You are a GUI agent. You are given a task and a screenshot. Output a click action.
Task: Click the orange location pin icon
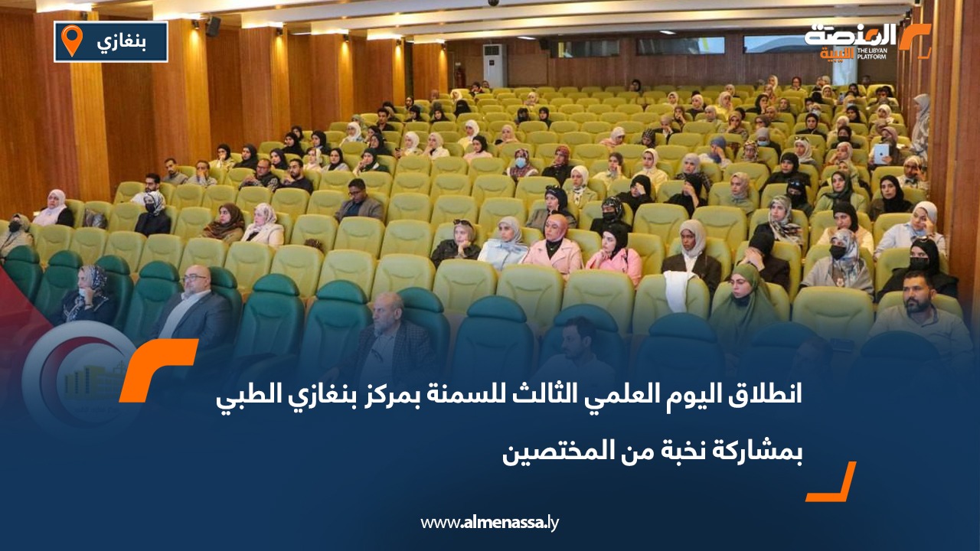pos(71,41)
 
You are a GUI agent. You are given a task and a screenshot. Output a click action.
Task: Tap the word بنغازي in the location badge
pos(122,41)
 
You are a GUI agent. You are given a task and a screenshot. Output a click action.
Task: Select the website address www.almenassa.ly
pos(490,523)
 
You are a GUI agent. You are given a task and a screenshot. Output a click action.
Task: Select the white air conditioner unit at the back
pos(494,64)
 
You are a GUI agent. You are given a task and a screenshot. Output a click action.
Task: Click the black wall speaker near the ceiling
pos(213,27)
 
